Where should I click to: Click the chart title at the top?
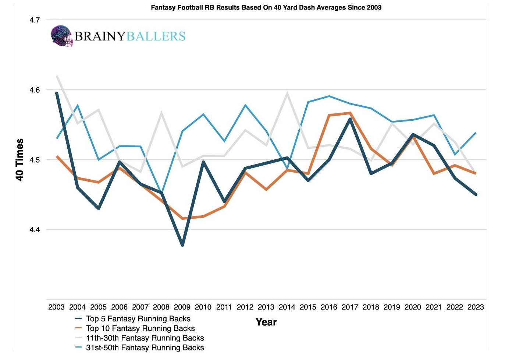click(x=266, y=7)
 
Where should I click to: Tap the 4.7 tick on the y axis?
click(x=35, y=20)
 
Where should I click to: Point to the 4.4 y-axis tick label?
click(x=35, y=230)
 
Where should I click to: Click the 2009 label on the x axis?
click(x=182, y=307)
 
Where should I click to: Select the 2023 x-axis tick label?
click(x=476, y=307)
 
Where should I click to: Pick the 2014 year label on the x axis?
click(x=287, y=307)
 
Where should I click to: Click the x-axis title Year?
click(x=266, y=322)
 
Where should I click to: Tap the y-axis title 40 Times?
click(x=19, y=159)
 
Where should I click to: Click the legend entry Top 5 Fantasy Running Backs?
click(x=133, y=319)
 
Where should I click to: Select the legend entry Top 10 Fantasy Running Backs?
click(x=135, y=328)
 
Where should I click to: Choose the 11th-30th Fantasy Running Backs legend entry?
click(x=140, y=338)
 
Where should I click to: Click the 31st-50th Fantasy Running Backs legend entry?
click(x=140, y=347)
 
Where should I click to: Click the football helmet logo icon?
click(x=62, y=36)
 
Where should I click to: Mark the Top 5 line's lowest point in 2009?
click(x=182, y=245)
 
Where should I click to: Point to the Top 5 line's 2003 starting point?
click(x=57, y=93)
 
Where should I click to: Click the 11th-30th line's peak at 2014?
click(x=287, y=93)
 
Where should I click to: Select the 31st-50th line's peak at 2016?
click(x=329, y=96)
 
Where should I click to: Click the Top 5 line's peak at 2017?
click(x=350, y=119)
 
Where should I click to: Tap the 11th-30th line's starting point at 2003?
click(x=57, y=76)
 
